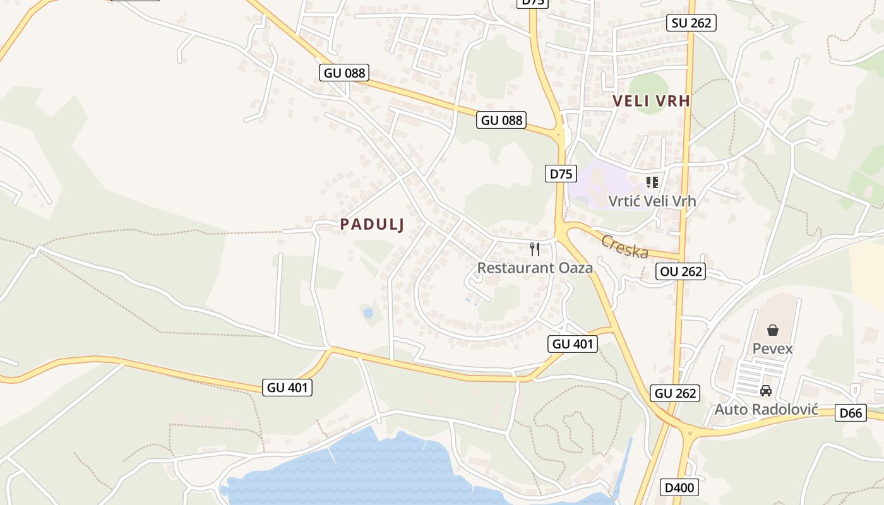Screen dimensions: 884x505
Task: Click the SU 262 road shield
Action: coord(691,23)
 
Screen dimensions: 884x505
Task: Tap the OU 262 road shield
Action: coord(680,271)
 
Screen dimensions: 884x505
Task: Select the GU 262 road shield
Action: coord(675,393)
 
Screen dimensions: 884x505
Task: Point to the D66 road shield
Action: coord(851,413)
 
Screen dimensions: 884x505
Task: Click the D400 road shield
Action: coord(679,487)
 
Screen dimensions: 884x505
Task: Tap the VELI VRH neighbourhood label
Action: coord(651,101)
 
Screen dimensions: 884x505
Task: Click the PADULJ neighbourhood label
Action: coord(371,224)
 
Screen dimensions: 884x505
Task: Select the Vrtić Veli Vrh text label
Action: coord(652,201)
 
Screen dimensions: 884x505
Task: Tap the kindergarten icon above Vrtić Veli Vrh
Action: coord(652,183)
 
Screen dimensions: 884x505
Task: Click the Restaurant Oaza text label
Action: coord(535,268)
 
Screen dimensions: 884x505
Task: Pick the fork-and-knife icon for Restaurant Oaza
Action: coord(535,249)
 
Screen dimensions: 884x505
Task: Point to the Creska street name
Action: coord(624,246)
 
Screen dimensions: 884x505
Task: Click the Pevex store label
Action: coord(772,348)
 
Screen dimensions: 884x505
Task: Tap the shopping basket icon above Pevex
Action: coord(772,330)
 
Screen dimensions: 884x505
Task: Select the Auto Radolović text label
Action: coord(766,410)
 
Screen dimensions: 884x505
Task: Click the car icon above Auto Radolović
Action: coord(766,391)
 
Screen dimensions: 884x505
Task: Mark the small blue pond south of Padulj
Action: coord(368,312)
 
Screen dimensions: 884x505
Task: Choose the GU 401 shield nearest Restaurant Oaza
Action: coord(572,344)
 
